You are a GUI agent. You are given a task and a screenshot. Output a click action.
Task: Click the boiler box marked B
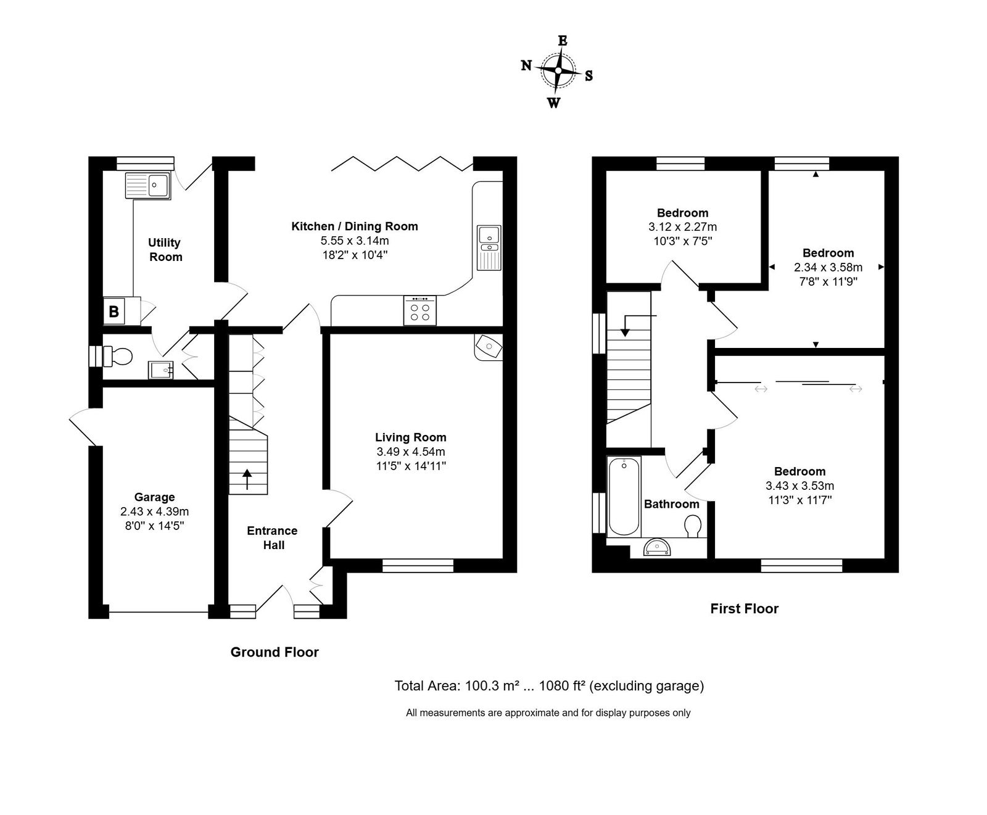(114, 311)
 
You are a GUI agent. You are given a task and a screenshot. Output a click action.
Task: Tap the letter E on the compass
(563, 41)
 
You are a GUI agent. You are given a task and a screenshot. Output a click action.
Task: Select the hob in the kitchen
(420, 310)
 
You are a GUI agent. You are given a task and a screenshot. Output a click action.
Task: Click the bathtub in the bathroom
(624, 497)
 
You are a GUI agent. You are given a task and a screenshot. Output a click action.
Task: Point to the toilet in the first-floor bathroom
(693, 526)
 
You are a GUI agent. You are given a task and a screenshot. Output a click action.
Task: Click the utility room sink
(148, 185)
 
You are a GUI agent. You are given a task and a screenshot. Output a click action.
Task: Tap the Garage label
(154, 497)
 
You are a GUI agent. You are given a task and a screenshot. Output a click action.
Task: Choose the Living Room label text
(411, 437)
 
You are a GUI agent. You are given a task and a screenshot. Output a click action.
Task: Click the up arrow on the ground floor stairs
(247, 479)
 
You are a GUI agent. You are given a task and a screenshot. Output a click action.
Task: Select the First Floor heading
(745, 609)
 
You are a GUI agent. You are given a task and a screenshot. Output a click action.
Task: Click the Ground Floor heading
(275, 652)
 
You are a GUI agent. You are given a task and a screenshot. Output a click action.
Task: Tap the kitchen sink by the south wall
(490, 247)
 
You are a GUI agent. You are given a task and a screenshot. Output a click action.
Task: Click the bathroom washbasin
(658, 547)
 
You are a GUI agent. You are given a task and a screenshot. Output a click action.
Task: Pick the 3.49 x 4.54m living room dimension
(411, 452)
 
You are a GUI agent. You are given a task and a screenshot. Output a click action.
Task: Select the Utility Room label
(165, 250)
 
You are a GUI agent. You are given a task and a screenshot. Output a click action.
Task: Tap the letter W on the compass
(554, 103)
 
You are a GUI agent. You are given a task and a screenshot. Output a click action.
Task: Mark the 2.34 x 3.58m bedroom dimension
(828, 267)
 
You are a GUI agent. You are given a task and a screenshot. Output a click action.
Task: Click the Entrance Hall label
(273, 538)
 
